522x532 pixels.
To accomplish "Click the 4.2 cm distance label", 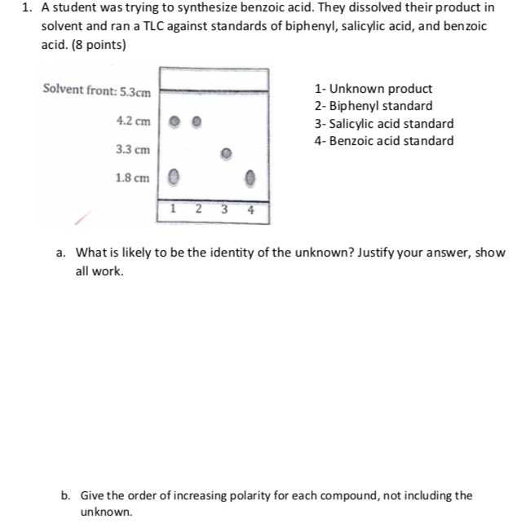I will (133, 121).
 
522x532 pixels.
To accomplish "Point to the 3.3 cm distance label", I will (133, 149).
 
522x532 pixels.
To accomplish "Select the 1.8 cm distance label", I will (133, 177).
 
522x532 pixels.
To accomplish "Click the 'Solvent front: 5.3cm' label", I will (97, 90).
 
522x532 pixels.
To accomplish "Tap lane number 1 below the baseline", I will (174, 208).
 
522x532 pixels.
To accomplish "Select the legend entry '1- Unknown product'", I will (374, 89).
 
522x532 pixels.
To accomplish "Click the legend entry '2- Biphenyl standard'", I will (374, 106).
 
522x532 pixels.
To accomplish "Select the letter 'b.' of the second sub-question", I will (64, 495).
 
